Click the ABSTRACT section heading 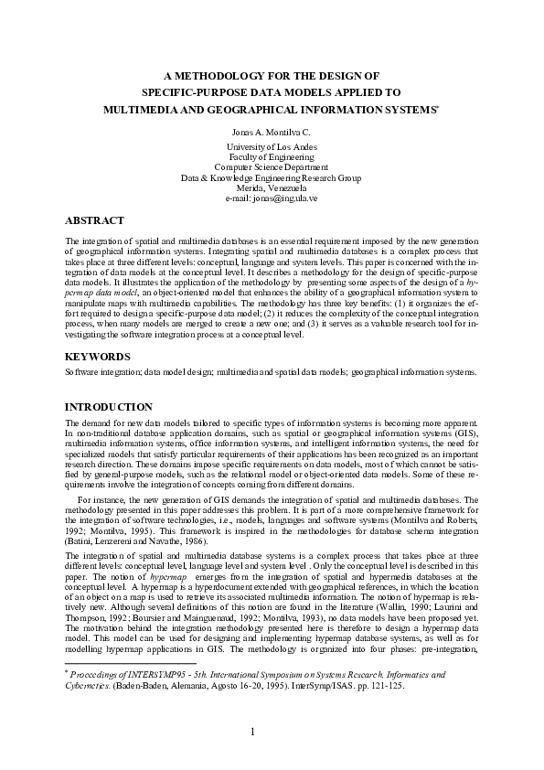point(94,220)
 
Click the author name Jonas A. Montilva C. point(272,133)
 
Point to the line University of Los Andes point(272,147)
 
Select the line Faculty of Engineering point(272,157)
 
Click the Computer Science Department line point(272,167)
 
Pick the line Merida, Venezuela point(272,187)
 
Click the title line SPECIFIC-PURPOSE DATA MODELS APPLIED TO point(272,92)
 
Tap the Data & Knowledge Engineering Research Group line point(272,177)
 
